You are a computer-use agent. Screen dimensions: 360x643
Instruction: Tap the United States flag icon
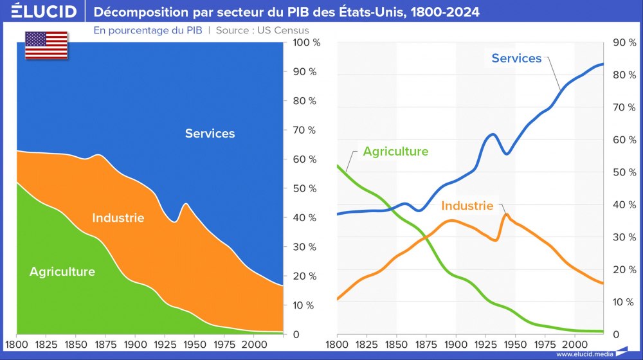click(46, 45)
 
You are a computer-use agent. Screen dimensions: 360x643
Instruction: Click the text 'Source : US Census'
click(262, 30)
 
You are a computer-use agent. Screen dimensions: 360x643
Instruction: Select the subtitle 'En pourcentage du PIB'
click(148, 30)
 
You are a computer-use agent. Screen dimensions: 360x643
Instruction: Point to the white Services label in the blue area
click(210, 134)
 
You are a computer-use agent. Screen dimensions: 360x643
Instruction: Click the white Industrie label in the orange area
click(118, 218)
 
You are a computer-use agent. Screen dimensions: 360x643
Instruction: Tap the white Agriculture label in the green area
click(62, 272)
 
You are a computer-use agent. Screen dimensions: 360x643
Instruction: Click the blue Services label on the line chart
click(516, 59)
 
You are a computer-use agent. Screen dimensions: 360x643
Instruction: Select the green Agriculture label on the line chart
click(395, 152)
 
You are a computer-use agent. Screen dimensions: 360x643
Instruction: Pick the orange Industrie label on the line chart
click(467, 206)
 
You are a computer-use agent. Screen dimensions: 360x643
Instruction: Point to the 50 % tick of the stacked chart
click(304, 189)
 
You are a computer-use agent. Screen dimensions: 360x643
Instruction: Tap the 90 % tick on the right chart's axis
click(623, 43)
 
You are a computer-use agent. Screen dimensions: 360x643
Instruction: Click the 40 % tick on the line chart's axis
click(623, 205)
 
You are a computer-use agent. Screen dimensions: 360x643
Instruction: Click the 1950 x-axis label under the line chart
click(516, 345)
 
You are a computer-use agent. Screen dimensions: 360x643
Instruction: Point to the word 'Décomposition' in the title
click(136, 12)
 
